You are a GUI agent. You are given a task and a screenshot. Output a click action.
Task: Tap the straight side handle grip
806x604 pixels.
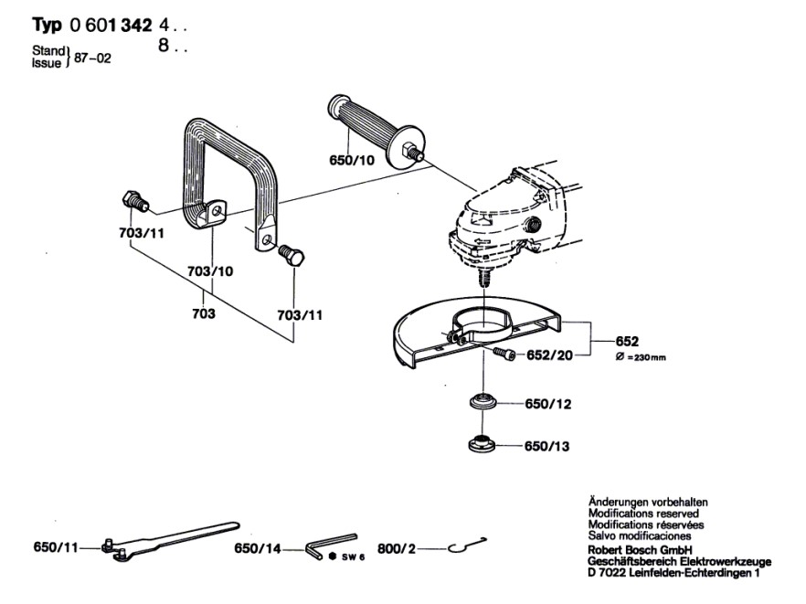tap(367, 127)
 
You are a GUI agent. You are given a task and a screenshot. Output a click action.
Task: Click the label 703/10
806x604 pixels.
tap(211, 272)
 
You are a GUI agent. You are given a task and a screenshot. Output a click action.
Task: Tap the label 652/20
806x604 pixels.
tap(549, 355)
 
